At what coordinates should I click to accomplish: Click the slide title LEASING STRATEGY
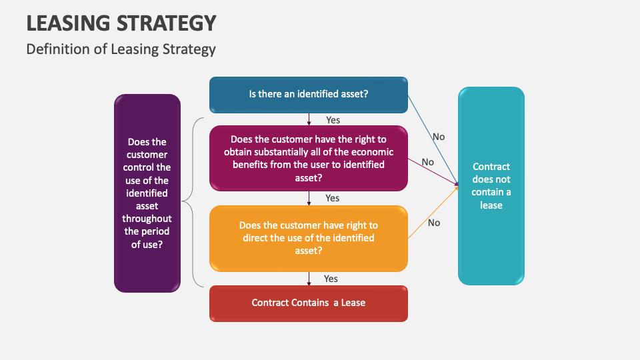click(x=121, y=23)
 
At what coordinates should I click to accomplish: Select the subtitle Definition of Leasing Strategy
click(x=121, y=49)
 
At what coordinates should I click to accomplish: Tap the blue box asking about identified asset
click(x=309, y=94)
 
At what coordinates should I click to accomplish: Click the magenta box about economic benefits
click(x=309, y=159)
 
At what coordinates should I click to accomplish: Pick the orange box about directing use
click(x=309, y=238)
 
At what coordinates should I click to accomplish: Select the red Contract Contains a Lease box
click(x=309, y=303)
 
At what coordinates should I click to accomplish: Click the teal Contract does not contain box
click(x=491, y=186)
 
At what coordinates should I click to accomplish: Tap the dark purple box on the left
click(x=147, y=193)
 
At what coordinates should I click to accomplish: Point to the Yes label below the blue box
click(x=333, y=120)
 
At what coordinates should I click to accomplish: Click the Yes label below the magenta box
click(x=332, y=198)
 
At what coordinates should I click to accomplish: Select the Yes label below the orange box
click(x=331, y=279)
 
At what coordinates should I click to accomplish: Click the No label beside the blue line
click(x=439, y=137)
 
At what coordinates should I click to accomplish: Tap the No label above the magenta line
click(x=427, y=162)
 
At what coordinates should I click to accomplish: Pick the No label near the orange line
click(x=434, y=223)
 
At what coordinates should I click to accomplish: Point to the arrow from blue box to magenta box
click(x=309, y=119)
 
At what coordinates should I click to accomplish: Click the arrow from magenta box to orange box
click(x=309, y=198)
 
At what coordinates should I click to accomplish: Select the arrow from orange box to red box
click(x=309, y=279)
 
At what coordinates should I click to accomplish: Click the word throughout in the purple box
click(x=147, y=219)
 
